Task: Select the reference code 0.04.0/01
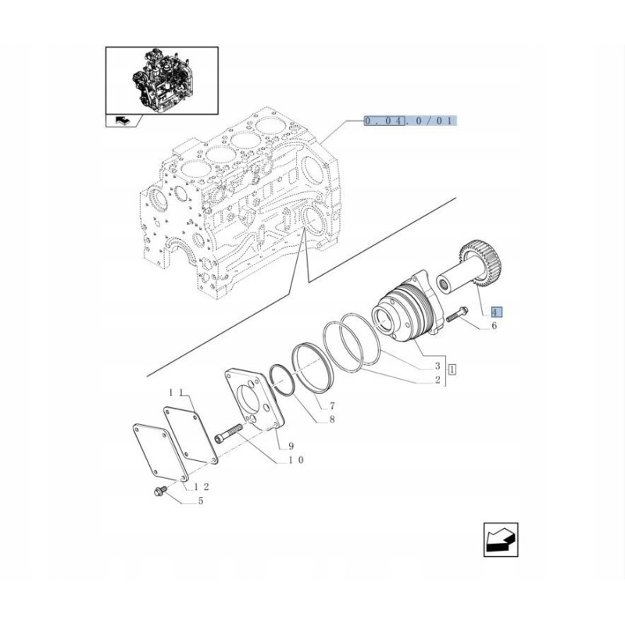click(x=410, y=121)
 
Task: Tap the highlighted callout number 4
click(x=497, y=312)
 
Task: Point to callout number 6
click(x=494, y=327)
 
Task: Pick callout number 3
click(x=438, y=366)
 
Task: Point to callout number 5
click(x=200, y=501)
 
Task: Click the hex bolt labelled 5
click(x=156, y=491)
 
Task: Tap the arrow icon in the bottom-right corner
click(x=501, y=540)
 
